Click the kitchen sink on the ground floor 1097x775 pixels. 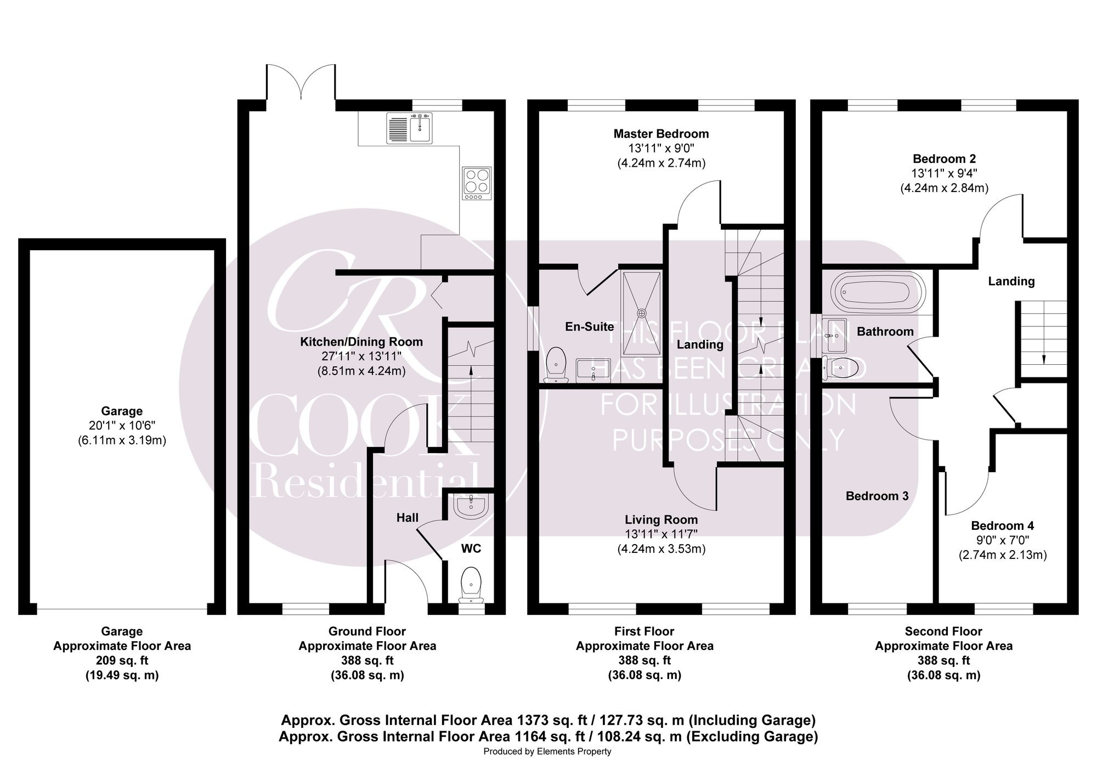[x=409, y=128]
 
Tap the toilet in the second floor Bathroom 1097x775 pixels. [x=840, y=367]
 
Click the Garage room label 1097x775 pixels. [x=122, y=411]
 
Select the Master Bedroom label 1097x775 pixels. [x=661, y=134]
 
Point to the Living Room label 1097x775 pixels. [x=661, y=519]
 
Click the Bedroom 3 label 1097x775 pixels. [x=877, y=496]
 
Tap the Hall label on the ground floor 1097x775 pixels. [x=408, y=517]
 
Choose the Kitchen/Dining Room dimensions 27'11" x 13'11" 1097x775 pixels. [x=361, y=356]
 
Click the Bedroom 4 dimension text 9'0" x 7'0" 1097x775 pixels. [x=1003, y=540]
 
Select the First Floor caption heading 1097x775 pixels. [x=644, y=631]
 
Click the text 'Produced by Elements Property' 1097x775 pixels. [x=547, y=751]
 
